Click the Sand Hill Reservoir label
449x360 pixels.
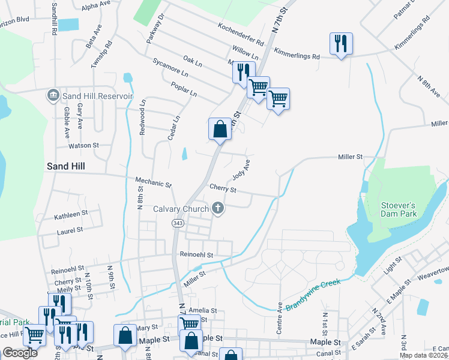pyautogui.click(x=97, y=96)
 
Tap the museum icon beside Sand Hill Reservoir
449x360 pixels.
pyautogui.click(x=53, y=95)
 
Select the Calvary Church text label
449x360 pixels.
pyautogui.click(x=181, y=209)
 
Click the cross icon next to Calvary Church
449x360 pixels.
pyautogui.click(x=218, y=209)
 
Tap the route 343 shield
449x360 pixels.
pyautogui.click(x=177, y=223)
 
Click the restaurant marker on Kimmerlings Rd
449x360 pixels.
pyautogui.click(x=340, y=43)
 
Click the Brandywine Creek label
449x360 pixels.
pyautogui.click(x=313, y=294)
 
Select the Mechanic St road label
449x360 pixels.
pyautogui.click(x=153, y=181)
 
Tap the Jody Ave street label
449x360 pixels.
pyautogui.click(x=241, y=171)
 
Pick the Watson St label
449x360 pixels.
pyautogui.click(x=83, y=145)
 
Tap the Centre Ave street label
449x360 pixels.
pyautogui.click(x=279, y=314)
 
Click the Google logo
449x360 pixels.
pyautogui.click(x=20, y=352)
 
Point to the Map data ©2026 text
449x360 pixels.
pyautogui.click(x=423, y=355)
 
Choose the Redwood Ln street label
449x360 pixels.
pyautogui.click(x=142, y=118)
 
